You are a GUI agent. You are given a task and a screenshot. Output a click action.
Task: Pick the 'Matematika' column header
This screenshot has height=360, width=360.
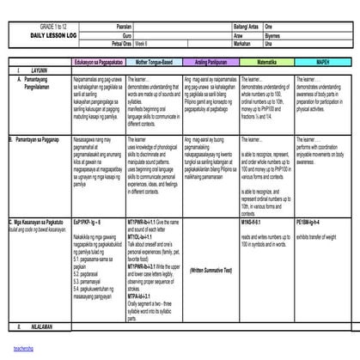(x=264, y=63)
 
